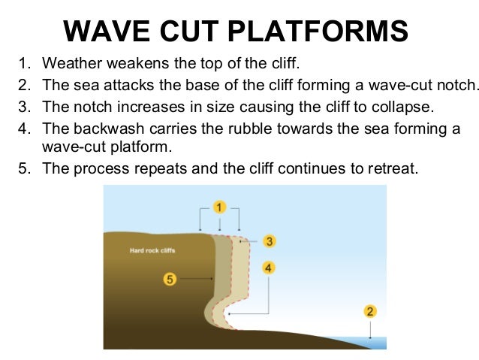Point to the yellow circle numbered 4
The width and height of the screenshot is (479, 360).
[270, 267]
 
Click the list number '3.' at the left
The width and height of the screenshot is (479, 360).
[23, 104]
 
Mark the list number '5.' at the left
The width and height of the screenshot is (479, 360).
[23, 168]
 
